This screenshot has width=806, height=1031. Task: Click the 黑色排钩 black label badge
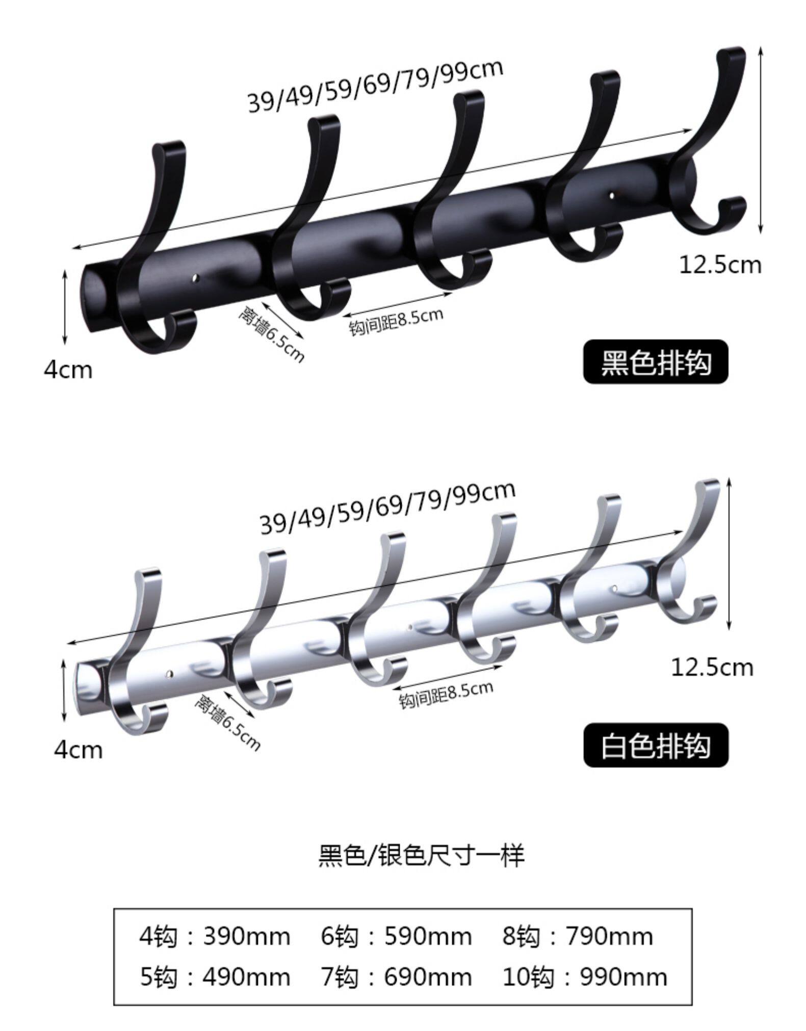point(656,362)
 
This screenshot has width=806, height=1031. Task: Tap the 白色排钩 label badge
point(656,746)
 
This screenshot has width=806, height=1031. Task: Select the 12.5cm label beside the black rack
point(720,265)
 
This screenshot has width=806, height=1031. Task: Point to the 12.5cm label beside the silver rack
point(712,667)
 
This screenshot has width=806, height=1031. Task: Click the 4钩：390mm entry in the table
point(215,936)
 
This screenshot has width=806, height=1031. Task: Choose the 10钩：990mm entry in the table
point(585,977)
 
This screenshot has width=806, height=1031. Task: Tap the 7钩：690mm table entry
point(396,977)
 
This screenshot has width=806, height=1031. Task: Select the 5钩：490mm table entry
point(215,977)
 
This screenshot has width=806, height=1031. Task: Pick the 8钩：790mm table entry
point(578,936)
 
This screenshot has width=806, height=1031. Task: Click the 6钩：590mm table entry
point(396,936)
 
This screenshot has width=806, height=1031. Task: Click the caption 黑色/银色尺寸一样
point(421,856)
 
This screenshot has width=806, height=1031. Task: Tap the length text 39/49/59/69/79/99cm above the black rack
point(376,86)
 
